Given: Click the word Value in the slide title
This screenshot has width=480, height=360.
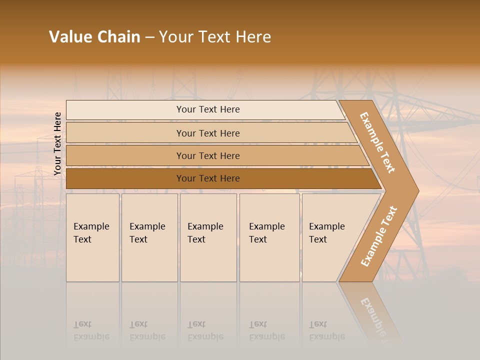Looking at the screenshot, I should point(69,37).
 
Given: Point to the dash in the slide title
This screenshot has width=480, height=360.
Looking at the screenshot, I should point(149,37).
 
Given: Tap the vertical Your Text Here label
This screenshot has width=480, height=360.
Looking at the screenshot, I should point(57,143).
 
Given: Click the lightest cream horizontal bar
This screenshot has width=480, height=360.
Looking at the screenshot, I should point(208,109).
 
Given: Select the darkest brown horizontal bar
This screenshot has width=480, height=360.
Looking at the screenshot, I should point(208,178).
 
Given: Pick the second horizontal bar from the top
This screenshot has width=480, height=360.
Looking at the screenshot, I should point(208,133).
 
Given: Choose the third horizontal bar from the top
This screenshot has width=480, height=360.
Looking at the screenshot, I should point(208,155).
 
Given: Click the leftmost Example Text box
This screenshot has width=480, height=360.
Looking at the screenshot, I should point(92,237).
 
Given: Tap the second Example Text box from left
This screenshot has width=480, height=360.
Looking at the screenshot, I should point(149,237).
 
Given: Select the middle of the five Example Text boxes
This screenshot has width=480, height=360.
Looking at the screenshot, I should point(208,237).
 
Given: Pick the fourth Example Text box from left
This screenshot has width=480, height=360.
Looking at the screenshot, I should point(269,237).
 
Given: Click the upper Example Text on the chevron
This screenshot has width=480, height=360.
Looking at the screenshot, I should point(378,142).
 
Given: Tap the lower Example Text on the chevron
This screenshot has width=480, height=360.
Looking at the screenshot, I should point(379,236).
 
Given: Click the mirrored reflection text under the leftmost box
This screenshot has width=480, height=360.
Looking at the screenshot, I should point(91,331).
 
